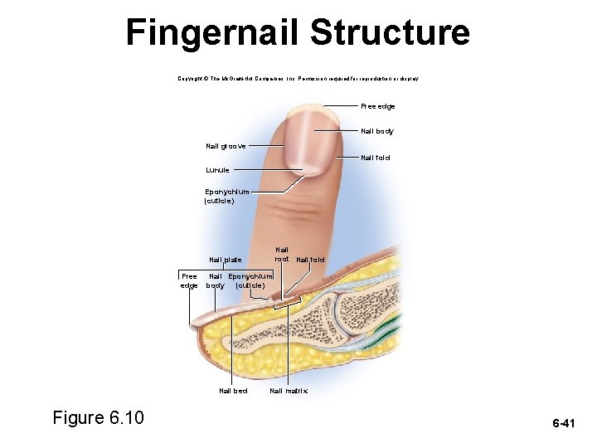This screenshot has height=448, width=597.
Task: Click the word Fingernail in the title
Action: (x=213, y=33)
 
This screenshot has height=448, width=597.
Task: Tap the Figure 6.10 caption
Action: (x=98, y=417)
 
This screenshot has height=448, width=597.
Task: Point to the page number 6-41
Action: (x=564, y=423)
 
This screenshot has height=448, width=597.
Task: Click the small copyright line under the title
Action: (x=298, y=78)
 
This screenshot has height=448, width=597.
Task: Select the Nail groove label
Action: (x=226, y=146)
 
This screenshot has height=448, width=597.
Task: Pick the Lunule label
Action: (x=217, y=169)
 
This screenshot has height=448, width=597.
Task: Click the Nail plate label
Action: (x=226, y=260)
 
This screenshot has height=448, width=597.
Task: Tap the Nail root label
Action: (x=282, y=253)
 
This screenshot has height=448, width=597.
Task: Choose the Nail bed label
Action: (x=233, y=390)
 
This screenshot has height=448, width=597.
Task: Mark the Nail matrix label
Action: (x=289, y=390)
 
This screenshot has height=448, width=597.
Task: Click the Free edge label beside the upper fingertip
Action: (x=377, y=106)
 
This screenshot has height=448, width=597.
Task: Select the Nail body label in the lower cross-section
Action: (x=215, y=280)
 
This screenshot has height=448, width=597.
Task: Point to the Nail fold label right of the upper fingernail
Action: (x=376, y=158)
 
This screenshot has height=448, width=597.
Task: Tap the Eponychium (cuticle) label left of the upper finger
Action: (x=226, y=196)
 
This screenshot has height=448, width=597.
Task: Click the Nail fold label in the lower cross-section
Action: (x=310, y=260)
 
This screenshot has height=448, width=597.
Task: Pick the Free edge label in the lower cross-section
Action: (x=189, y=280)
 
